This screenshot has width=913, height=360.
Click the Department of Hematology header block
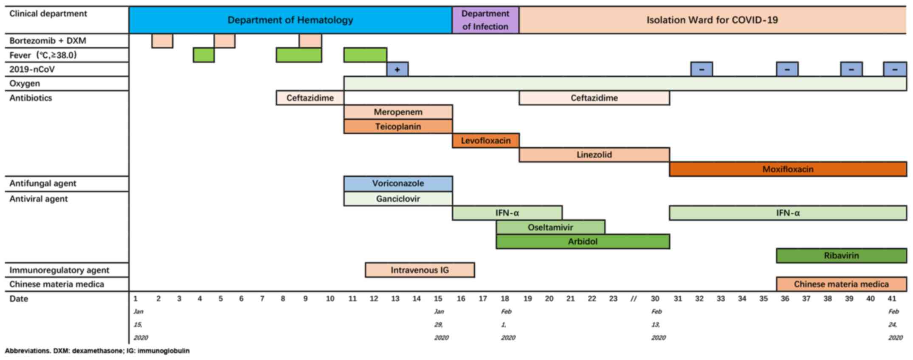tap(290, 20)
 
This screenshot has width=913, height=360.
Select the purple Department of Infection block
tap(485, 20)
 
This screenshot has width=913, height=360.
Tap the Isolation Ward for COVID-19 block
tap(712, 20)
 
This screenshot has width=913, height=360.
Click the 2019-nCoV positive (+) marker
tap(397, 69)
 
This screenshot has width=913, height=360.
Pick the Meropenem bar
tap(398, 112)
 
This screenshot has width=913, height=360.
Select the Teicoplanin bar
tap(398, 127)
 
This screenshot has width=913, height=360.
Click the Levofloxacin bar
tap(485, 141)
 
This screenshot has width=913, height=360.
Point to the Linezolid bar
tap(594, 155)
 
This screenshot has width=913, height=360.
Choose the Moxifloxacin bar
tap(788, 169)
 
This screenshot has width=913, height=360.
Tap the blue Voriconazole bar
tap(398, 183)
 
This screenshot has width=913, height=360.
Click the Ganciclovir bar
tap(398, 199)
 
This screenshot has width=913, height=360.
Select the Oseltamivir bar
tap(550, 227)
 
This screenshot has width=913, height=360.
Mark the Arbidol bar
tap(583, 242)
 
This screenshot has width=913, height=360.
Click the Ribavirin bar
tap(841, 256)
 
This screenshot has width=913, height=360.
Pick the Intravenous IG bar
tap(420, 270)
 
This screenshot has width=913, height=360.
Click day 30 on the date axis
tap(655, 299)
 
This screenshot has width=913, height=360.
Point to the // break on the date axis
tap(634, 299)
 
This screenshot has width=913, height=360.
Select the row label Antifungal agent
tap(43, 183)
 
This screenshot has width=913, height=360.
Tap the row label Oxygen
tap(25, 84)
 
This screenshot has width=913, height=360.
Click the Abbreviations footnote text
tap(97, 351)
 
